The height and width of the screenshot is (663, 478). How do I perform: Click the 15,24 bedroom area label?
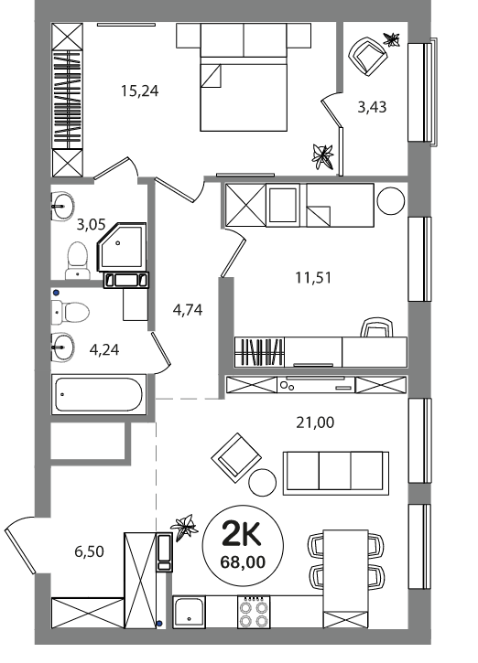click(x=140, y=91)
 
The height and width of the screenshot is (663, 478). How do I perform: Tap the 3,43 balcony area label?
click(x=372, y=107)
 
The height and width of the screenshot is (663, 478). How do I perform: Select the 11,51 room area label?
click(x=313, y=278)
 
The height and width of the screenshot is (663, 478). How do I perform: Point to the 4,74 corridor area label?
click(x=188, y=310)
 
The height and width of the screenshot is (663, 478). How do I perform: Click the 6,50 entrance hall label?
click(x=90, y=551)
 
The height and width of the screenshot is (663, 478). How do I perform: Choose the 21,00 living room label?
click(x=315, y=422)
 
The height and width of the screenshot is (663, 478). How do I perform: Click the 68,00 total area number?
click(x=243, y=561)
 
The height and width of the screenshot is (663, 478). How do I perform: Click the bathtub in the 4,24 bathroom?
click(x=99, y=394)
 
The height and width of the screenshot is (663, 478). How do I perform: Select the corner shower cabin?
click(x=122, y=247)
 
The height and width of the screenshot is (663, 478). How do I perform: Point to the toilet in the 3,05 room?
click(x=78, y=261)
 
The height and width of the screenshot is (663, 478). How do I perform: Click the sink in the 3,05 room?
click(x=62, y=206)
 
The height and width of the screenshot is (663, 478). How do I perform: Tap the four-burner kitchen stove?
click(x=253, y=612)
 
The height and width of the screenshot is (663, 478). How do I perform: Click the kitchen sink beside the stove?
click(x=189, y=612)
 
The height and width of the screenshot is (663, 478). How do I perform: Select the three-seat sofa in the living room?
click(x=336, y=473)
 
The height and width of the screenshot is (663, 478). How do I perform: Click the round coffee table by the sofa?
click(x=263, y=483)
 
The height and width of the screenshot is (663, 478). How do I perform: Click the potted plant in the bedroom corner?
click(x=322, y=156)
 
